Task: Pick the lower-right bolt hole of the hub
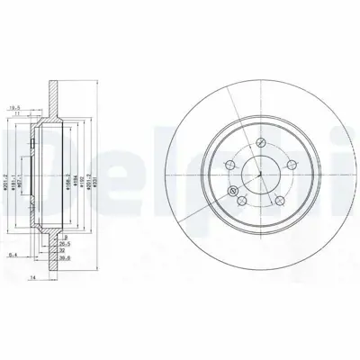click(x=277, y=199)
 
